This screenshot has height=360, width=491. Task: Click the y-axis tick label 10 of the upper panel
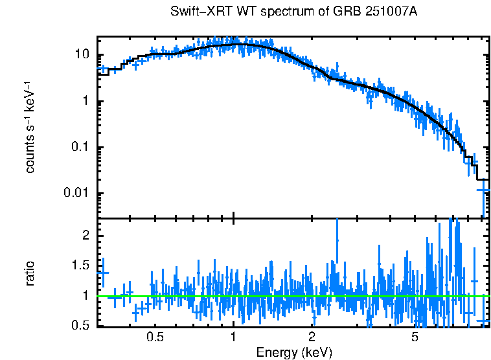point(82,55)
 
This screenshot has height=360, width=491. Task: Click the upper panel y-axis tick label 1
point(86,102)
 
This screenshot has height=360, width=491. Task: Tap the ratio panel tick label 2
point(86,236)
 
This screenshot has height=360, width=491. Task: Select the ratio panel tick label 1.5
point(81,265)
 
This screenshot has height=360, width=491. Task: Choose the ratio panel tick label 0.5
point(81,325)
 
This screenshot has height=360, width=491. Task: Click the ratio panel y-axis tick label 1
point(86,295)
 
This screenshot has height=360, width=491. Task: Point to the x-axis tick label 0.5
point(155,337)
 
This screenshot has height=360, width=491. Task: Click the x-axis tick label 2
point(312,337)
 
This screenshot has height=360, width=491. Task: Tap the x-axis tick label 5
point(415,337)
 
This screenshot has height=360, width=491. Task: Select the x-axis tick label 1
point(233,337)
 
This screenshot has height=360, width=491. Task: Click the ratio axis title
point(30,273)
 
